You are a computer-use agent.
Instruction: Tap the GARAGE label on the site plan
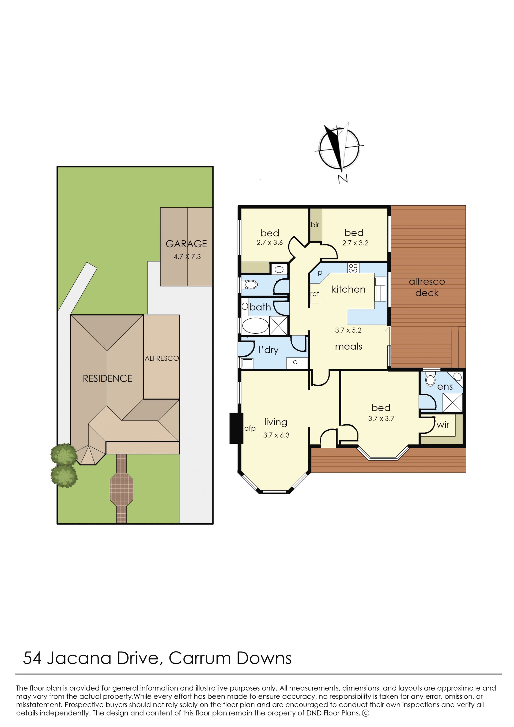coord(186,244)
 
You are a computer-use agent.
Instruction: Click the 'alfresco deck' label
coord(427,287)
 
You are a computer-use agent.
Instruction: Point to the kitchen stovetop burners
coord(353,268)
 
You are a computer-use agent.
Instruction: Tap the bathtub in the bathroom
coord(255,325)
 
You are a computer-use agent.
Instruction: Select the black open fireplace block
coord(236,428)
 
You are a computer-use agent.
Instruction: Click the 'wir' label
coord(443,424)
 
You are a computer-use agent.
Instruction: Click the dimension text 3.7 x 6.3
coord(276,435)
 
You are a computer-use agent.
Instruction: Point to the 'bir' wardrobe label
coord(315,225)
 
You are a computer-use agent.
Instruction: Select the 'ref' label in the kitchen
coord(315,294)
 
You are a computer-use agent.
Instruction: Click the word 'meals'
coord(349,346)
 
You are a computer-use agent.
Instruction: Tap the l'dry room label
coord(269,350)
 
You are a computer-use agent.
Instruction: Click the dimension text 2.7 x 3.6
coord(270,243)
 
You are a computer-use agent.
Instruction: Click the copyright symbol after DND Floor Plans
coord(366,713)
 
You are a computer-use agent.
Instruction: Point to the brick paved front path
coord(122,489)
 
